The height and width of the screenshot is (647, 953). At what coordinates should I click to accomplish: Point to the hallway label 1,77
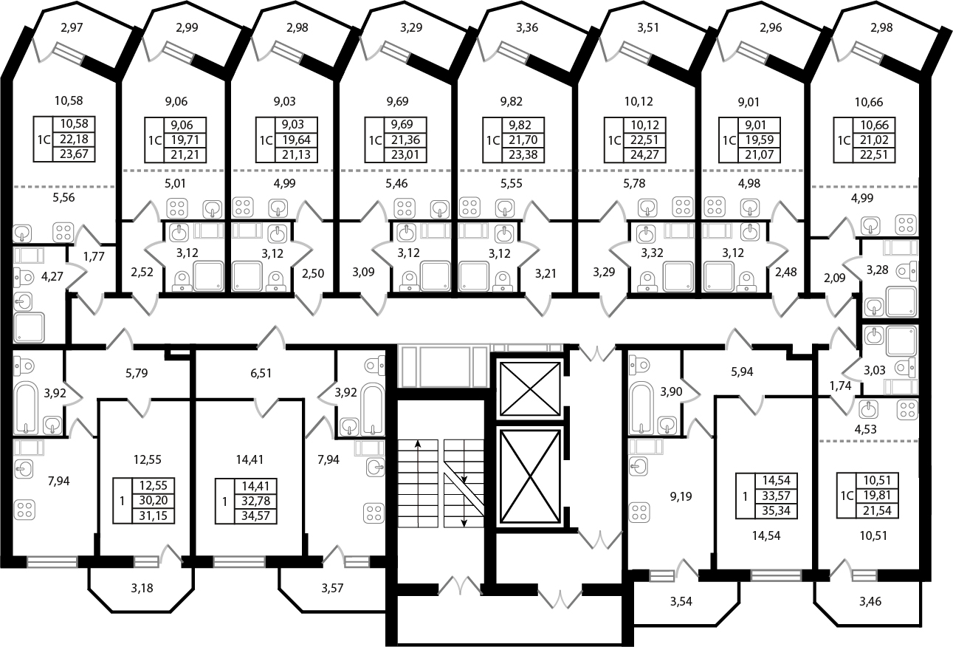pos(93,257)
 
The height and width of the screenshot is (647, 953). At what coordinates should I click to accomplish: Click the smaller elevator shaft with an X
pos(529,388)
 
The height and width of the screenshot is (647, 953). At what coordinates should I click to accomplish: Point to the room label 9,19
pos(681,496)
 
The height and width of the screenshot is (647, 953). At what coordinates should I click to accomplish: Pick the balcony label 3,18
pos(142,588)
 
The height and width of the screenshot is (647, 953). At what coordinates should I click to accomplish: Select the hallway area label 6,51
pos(261,373)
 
